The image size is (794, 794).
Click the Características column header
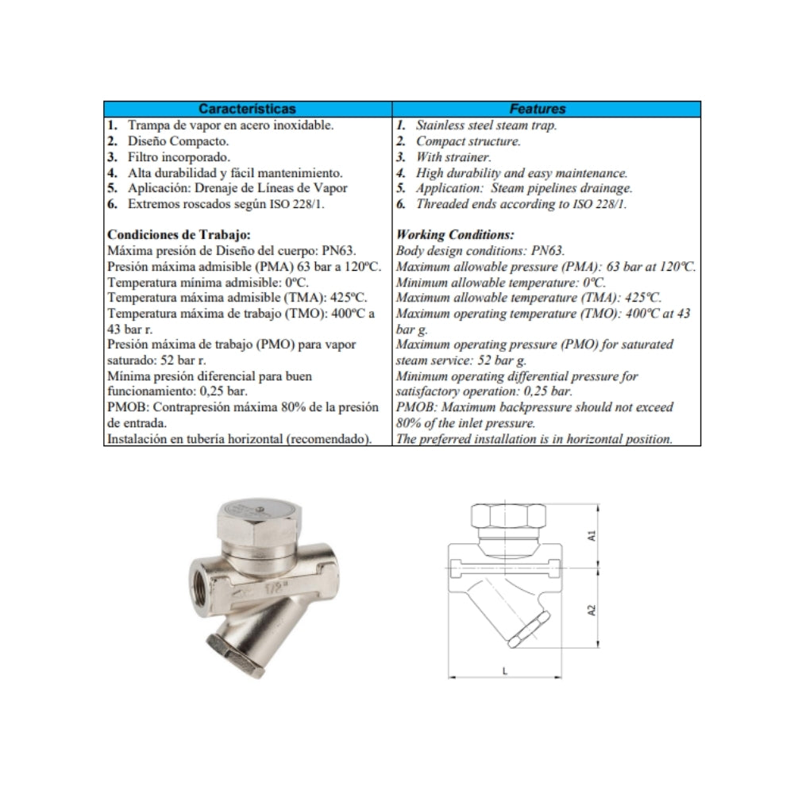(x=247, y=109)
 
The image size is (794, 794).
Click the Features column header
(x=538, y=109)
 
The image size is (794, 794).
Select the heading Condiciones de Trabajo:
(x=179, y=235)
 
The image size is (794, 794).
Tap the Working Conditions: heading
(x=455, y=235)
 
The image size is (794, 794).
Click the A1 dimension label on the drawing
(x=592, y=536)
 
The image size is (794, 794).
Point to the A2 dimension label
(x=592, y=611)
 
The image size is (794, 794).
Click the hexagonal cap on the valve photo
(x=256, y=522)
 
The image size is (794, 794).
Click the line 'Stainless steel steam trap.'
(x=486, y=125)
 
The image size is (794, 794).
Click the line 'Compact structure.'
(x=468, y=141)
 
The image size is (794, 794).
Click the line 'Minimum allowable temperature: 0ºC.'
(x=500, y=283)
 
